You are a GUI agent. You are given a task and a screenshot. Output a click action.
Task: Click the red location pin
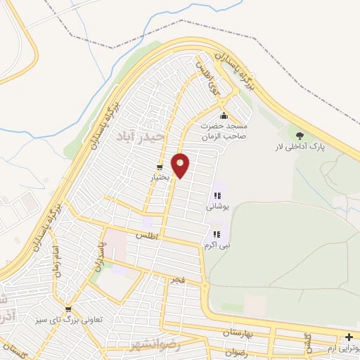point(181,165)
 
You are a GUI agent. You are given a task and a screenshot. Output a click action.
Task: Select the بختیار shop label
point(160,179)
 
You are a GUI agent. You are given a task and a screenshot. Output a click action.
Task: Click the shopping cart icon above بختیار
point(160,167)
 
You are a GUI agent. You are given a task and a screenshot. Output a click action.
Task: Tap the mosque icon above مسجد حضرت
point(224,116)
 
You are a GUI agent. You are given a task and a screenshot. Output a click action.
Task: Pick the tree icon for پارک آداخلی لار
point(300,135)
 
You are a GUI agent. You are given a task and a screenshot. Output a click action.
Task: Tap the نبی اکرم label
point(216,245)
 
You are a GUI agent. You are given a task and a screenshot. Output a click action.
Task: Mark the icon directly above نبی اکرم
point(216,233)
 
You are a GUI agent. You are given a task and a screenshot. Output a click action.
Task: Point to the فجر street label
point(176,280)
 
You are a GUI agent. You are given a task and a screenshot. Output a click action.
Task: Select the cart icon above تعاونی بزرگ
point(68,309)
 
